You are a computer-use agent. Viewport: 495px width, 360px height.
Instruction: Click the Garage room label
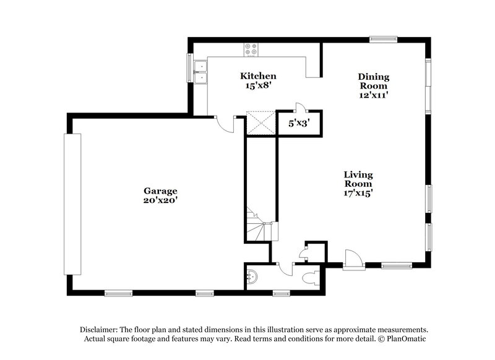[160, 191]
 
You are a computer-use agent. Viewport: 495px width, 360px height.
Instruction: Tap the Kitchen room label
[258, 76]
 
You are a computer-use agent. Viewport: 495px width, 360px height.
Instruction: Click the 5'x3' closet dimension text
[298, 123]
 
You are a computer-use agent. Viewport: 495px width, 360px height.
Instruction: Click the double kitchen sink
[200, 72]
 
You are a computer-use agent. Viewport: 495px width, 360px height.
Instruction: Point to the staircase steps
[257, 224]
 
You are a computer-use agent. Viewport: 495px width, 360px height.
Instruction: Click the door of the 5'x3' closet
[299, 107]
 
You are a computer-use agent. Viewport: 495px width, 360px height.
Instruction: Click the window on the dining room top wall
[383, 40]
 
